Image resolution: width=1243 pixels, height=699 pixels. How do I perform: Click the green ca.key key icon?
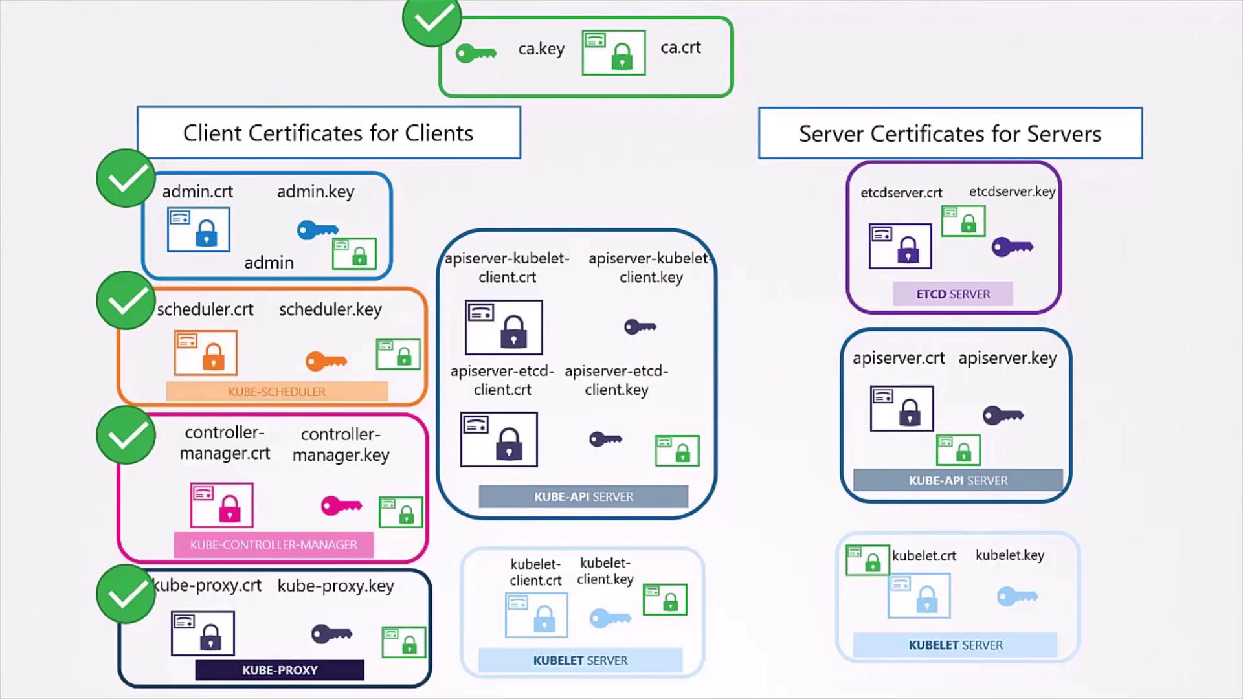pos(476,53)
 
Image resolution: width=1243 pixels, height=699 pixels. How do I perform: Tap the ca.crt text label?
pos(680,48)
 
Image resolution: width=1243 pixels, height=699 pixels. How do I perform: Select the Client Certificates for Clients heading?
pos(328,133)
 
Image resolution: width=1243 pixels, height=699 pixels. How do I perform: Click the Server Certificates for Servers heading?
pos(950,133)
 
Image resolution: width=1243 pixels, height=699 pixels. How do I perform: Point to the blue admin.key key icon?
pos(317,230)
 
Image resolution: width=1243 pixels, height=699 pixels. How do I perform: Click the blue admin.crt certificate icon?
pos(198,229)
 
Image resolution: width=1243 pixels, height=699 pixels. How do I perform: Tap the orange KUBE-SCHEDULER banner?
pos(276,392)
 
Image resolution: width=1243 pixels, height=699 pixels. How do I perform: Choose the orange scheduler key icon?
pos(326,361)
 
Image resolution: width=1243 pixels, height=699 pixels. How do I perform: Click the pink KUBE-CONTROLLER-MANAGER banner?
pos(273,545)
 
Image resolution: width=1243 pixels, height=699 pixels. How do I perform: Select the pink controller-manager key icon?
pos(341,505)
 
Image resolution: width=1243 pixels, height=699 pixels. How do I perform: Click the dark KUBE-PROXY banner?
pos(279,670)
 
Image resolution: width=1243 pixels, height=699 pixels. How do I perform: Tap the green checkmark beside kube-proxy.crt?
pos(126,594)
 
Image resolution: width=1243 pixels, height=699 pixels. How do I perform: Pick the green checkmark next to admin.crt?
pos(126,178)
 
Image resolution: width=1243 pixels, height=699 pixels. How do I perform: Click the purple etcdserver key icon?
pos(1012,247)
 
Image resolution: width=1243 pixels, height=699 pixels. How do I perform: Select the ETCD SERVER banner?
pos(952,294)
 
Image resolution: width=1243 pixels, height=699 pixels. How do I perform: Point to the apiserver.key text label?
pos(1007,358)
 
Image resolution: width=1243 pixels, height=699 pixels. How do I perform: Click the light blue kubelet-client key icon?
pos(610,618)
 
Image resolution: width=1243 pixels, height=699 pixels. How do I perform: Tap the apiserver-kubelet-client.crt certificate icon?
pos(504,327)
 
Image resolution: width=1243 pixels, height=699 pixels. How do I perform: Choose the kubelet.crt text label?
pos(924,556)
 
